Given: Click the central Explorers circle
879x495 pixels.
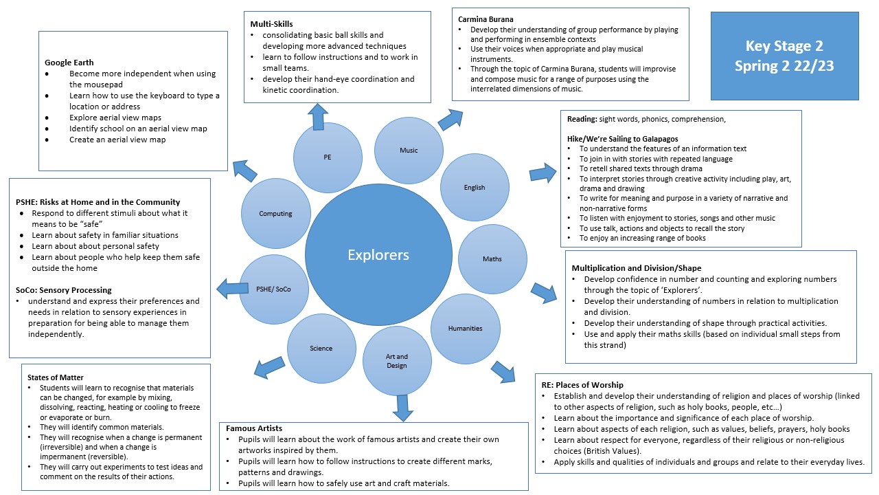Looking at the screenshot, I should click(378, 255).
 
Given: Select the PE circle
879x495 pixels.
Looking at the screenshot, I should click(327, 157).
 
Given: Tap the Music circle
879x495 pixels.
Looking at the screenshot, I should click(409, 151).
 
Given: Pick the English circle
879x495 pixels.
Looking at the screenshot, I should click(474, 187).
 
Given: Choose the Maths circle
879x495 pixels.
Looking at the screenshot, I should click(492, 259).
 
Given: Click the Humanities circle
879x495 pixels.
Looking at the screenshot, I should click(465, 329).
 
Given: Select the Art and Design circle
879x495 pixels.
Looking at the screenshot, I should click(397, 361).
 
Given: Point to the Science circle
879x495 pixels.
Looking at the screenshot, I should click(321, 349).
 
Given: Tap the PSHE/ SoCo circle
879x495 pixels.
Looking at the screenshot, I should click(274, 289).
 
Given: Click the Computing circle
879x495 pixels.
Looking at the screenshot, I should click(275, 214).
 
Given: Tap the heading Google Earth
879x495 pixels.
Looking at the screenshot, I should click(69, 63).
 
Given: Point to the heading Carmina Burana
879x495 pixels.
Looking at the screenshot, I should click(486, 19).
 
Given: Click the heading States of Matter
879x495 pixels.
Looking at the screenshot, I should click(55, 377).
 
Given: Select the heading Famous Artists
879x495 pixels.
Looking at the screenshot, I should click(254, 428).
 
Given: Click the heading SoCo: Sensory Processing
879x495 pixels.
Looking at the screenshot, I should click(64, 290).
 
